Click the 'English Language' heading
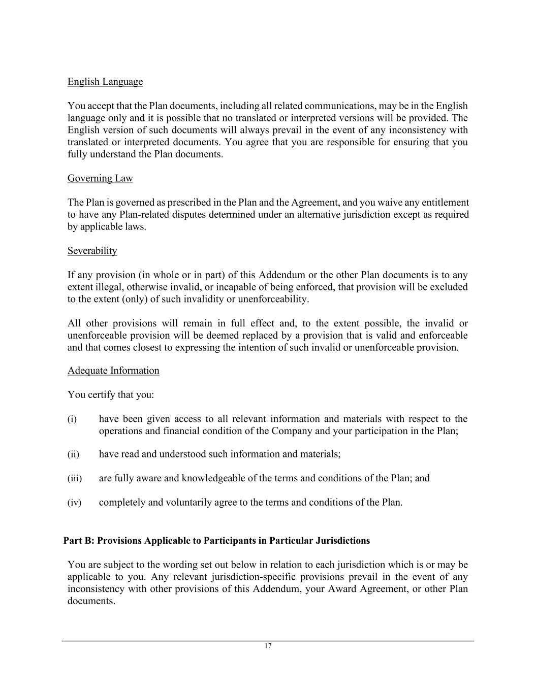[x=105, y=82]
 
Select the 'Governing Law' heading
[x=100, y=178]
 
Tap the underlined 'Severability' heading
[x=92, y=251]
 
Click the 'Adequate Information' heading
[x=113, y=371]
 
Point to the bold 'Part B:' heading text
[x=79, y=541]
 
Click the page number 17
[x=268, y=646]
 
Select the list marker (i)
[x=72, y=419]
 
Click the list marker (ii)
[x=73, y=454]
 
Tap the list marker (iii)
[x=74, y=478]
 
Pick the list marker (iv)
[x=74, y=503]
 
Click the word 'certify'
[x=102, y=395]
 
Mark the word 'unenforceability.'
[x=273, y=299]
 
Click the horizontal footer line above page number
[x=268, y=641]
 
